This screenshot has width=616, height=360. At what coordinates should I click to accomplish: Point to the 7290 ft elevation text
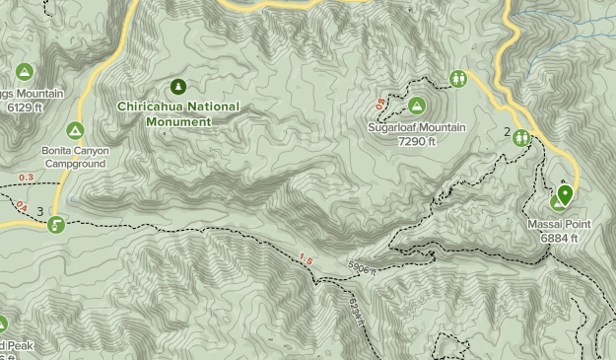coord(416,141)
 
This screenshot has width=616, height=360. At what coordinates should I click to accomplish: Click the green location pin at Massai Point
coord(564,195)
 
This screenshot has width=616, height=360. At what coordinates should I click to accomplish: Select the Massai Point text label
coord(558,225)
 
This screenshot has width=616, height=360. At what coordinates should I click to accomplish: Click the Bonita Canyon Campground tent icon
coord(75,130)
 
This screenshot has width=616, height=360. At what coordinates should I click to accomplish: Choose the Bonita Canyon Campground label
coord(75,157)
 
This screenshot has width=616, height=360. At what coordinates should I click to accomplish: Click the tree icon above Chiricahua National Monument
coord(178,86)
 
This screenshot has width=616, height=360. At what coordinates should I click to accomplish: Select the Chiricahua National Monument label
coord(164,113)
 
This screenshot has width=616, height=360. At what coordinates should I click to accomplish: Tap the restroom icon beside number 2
coord(521,137)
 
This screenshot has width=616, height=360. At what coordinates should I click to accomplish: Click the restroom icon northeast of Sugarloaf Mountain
coord(457,78)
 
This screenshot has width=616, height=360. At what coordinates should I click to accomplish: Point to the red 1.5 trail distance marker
coord(306,259)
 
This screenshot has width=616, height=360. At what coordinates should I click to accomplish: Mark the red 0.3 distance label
coord(26,178)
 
